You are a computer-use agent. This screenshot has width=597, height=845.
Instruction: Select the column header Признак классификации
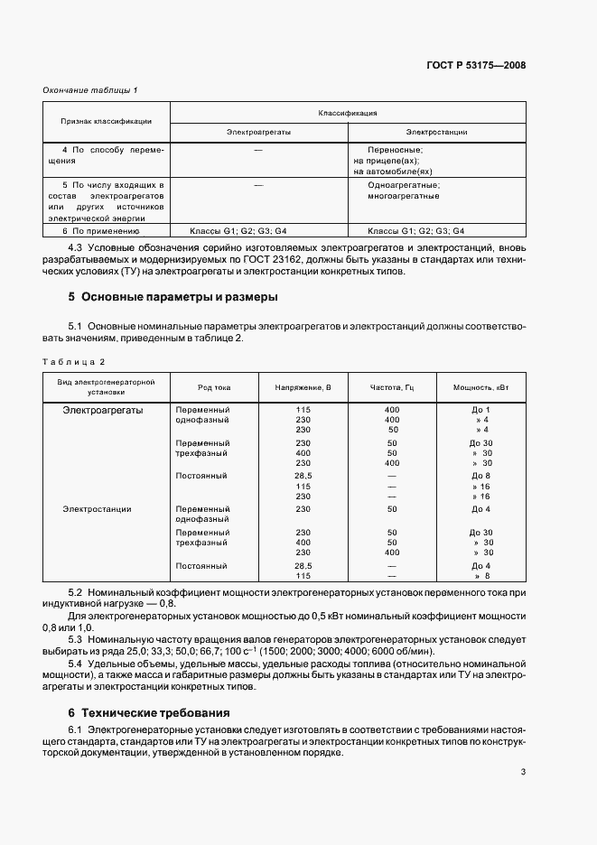click(x=106, y=121)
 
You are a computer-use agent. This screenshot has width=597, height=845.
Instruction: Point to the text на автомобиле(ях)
click(x=394, y=171)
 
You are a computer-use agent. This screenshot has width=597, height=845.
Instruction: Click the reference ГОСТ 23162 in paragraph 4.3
click(x=273, y=259)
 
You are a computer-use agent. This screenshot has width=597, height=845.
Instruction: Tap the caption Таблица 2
click(x=74, y=361)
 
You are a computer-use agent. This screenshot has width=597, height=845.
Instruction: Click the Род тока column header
click(x=214, y=387)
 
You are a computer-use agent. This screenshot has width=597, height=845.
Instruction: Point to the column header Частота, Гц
click(x=391, y=387)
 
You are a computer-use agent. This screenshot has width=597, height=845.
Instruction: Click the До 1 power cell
click(x=480, y=409)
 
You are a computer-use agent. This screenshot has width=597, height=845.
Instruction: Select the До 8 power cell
click(x=480, y=475)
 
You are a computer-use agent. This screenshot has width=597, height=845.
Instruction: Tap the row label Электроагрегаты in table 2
click(x=102, y=409)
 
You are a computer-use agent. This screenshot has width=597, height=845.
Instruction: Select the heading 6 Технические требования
click(x=149, y=711)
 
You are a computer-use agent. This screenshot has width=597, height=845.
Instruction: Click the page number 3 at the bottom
click(x=523, y=771)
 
